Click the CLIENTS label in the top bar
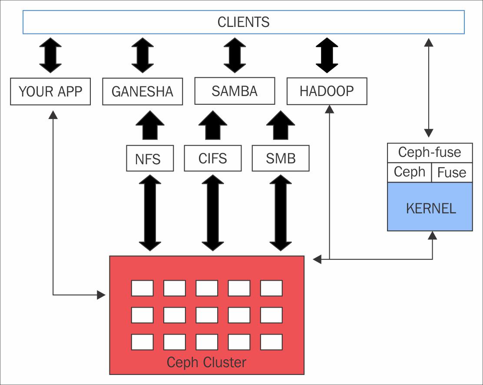(x=243, y=22)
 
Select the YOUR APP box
(x=50, y=92)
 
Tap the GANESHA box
(x=142, y=92)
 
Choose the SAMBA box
(x=235, y=91)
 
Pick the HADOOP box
(x=327, y=91)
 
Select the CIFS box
(x=212, y=158)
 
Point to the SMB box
(x=281, y=158)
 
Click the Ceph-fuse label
(x=429, y=153)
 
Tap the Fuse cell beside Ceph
(x=451, y=173)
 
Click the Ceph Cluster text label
(x=206, y=362)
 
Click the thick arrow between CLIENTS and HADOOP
(x=327, y=56)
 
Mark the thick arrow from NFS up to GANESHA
(x=150, y=125)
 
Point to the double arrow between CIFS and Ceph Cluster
(x=213, y=213)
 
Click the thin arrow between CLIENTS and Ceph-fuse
(x=429, y=87)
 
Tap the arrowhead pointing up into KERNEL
(x=432, y=235)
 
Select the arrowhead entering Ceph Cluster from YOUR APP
(x=102, y=295)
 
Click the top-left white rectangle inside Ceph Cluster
(x=142, y=288)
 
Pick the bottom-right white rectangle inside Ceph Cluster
(x=271, y=342)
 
